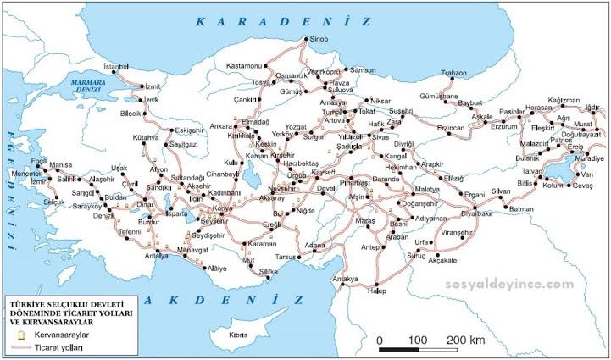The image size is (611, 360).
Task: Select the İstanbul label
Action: (x=115, y=65)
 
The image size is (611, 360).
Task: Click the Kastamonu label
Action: (x=246, y=65)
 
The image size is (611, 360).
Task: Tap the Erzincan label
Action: (x=452, y=127)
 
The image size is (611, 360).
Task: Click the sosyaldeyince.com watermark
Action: (x=503, y=285)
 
